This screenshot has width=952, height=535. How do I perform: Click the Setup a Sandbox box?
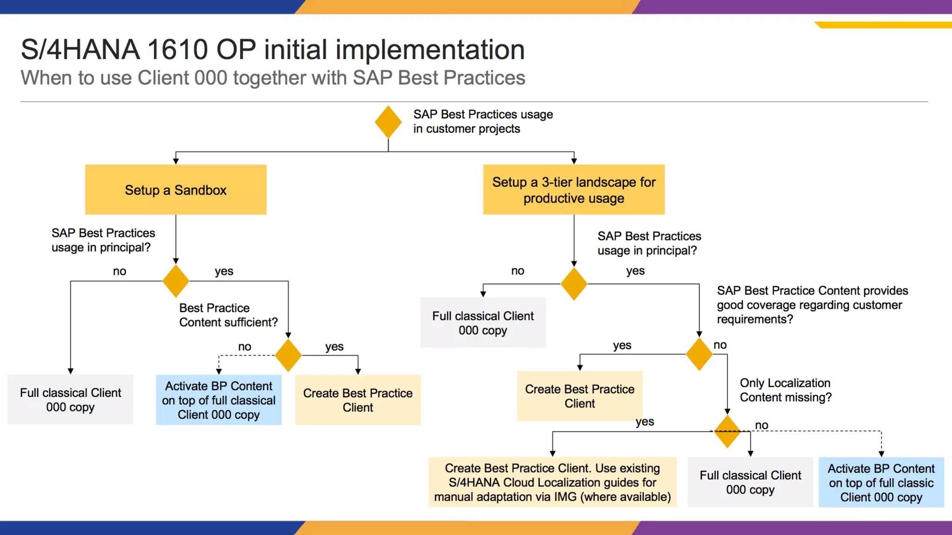(x=176, y=190)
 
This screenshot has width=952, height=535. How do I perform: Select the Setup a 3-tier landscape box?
(x=574, y=190)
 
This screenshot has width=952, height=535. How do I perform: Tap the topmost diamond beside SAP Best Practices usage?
(x=388, y=122)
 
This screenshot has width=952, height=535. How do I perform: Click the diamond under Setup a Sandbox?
(x=176, y=281)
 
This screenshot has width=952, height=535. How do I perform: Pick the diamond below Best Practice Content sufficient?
(x=288, y=355)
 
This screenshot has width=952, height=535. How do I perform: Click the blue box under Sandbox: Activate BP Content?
(x=218, y=400)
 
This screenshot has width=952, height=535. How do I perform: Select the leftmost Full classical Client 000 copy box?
(x=70, y=399)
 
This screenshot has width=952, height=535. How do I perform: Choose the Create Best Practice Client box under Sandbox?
(x=357, y=400)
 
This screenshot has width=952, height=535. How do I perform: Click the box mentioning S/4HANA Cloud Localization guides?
(x=552, y=482)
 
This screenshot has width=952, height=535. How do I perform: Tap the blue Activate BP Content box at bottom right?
(x=881, y=483)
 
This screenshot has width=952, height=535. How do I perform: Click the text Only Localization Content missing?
(x=785, y=390)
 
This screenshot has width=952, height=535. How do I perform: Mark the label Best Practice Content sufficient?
(x=228, y=315)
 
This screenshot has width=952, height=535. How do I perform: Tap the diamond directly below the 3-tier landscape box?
(x=574, y=284)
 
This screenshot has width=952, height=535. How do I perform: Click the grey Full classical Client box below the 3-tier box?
(x=483, y=323)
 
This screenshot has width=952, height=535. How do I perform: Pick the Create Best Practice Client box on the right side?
(x=580, y=396)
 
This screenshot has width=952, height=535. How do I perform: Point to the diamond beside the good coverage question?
(x=699, y=354)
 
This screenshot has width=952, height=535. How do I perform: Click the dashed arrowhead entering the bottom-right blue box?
(x=881, y=454)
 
